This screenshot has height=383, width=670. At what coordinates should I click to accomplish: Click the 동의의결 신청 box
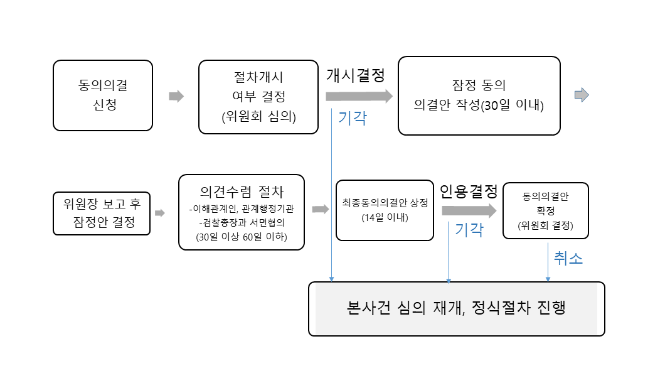pyautogui.click(x=103, y=95)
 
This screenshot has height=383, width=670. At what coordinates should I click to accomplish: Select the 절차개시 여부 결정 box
pyautogui.click(x=258, y=97)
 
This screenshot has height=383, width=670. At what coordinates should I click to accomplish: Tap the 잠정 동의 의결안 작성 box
pyautogui.click(x=479, y=95)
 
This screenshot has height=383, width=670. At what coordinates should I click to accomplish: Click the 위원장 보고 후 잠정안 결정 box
pyautogui.click(x=102, y=213)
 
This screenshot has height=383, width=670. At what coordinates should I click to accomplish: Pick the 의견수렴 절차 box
pyautogui.click(x=242, y=213)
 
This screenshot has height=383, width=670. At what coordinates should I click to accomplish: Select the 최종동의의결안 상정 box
pyautogui.click(x=385, y=210)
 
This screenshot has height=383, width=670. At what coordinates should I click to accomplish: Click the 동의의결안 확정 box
pyautogui.click(x=546, y=210)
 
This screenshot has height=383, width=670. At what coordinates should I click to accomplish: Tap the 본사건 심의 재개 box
pyautogui.click(x=456, y=308)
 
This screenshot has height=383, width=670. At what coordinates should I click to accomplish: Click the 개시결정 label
pyautogui.click(x=355, y=74)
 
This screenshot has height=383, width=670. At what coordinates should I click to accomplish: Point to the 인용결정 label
pyautogui.click(x=469, y=190)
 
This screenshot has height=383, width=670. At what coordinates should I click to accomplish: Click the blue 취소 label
pyautogui.click(x=568, y=258)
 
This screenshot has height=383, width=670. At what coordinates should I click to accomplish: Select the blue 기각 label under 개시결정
pyautogui.click(x=353, y=117)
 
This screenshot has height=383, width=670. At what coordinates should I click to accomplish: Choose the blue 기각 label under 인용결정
pyautogui.click(x=469, y=230)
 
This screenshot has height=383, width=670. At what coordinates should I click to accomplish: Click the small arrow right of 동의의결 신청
pyautogui.click(x=176, y=96)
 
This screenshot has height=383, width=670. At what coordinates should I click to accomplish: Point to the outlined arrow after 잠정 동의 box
pyautogui.click(x=582, y=95)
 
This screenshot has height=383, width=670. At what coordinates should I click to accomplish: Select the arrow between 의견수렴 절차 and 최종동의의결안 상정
pyautogui.click(x=321, y=209)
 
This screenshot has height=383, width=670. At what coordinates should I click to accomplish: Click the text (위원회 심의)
pyautogui.click(x=258, y=116)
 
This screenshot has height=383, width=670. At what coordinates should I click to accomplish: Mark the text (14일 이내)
pyautogui.click(x=385, y=218)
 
